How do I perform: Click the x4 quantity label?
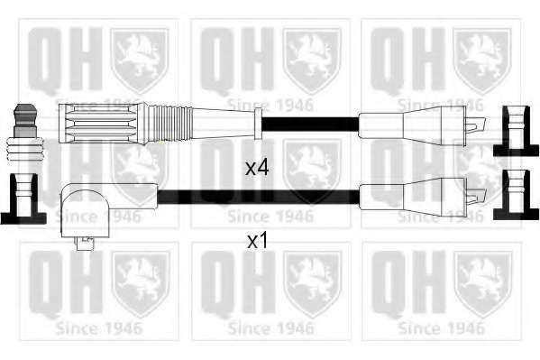pyautogui.click(x=257, y=168)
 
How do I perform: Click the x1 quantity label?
pyautogui.click(x=257, y=242)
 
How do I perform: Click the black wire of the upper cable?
pyautogui.click(x=310, y=125)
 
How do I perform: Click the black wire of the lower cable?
pyautogui.click(x=259, y=197)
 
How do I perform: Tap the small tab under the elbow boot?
pyautogui.click(x=85, y=243)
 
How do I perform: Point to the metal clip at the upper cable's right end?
pyautogui.click(x=476, y=125)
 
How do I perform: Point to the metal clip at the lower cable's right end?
pyautogui.click(x=476, y=197)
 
